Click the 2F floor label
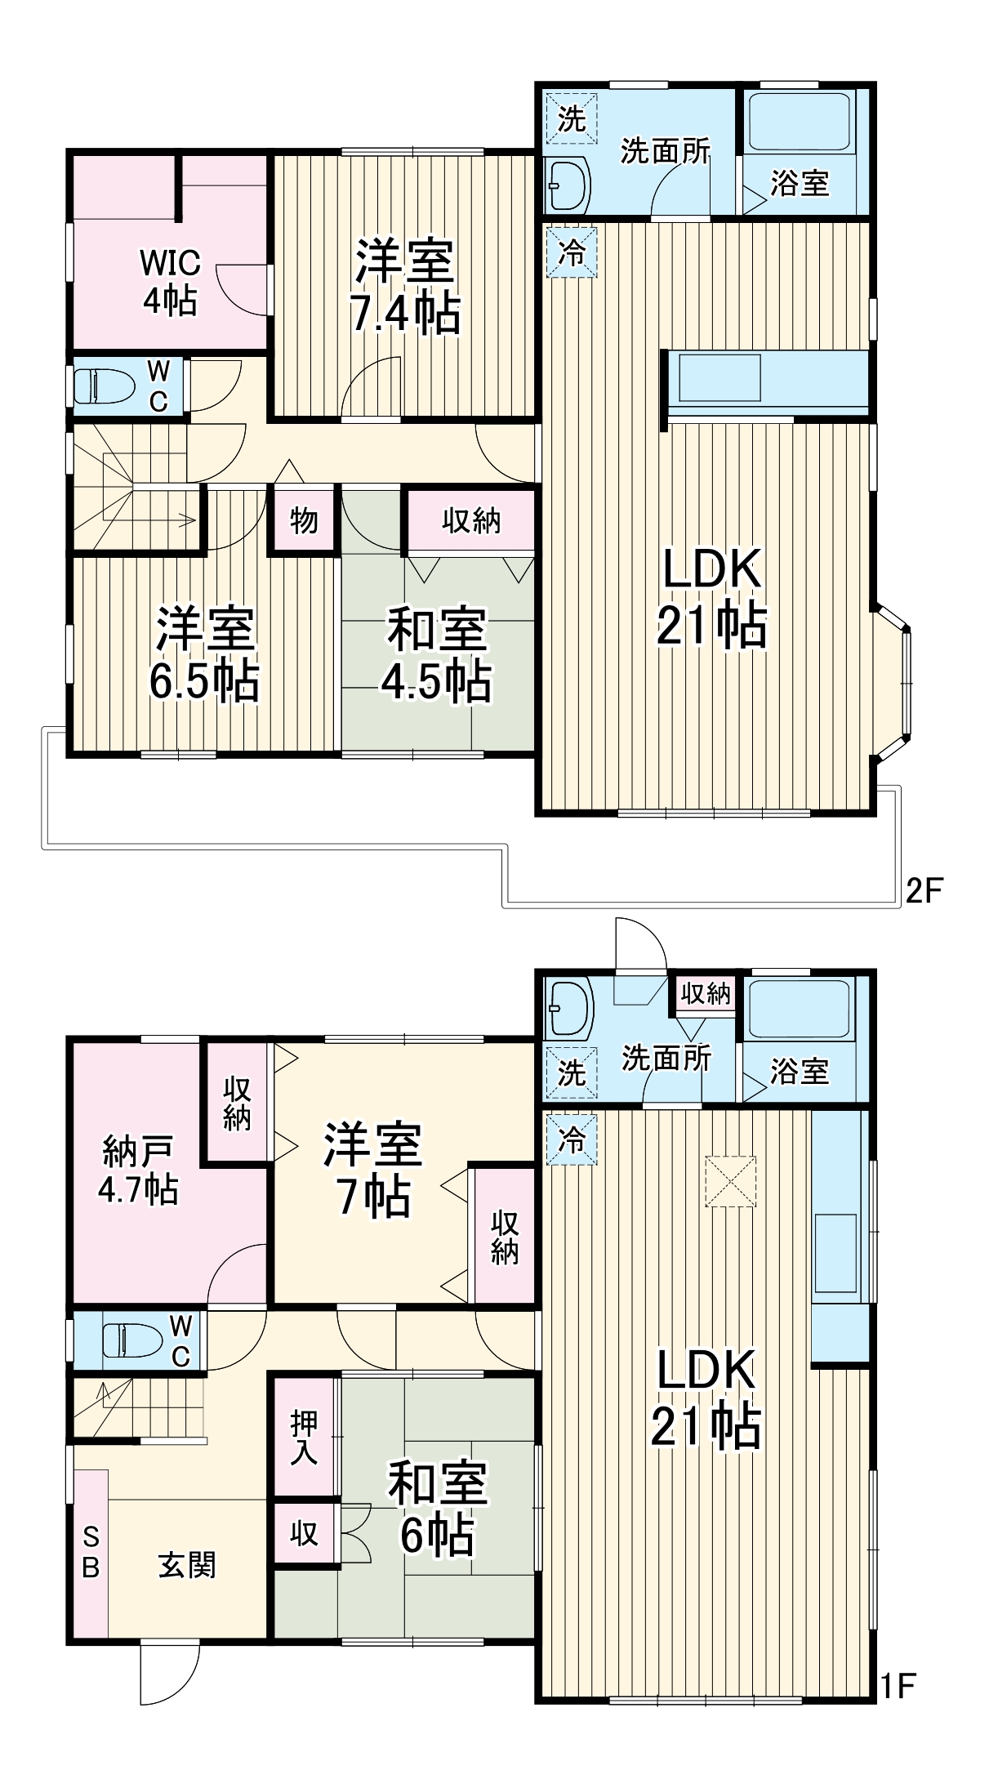(x=924, y=890)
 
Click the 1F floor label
(x=898, y=1686)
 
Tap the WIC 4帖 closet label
(x=170, y=281)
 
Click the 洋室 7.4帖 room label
(x=405, y=286)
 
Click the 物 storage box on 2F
(x=303, y=519)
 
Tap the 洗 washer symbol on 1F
(x=571, y=1072)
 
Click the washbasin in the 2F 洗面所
(x=568, y=185)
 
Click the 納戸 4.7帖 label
(x=138, y=1170)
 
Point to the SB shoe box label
(x=91, y=1553)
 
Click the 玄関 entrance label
(x=187, y=1565)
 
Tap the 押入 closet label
(x=304, y=1437)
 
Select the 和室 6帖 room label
(x=437, y=1508)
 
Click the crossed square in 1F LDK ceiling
(x=730, y=1180)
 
